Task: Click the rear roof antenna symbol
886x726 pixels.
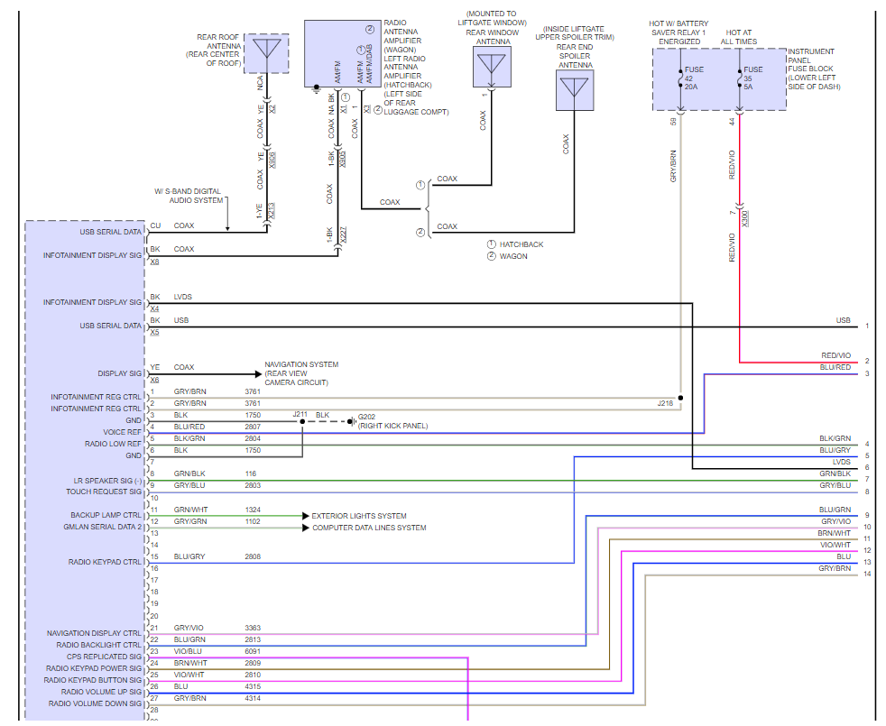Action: click(266, 53)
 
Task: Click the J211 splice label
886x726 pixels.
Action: click(300, 414)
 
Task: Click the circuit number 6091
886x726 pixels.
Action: click(254, 651)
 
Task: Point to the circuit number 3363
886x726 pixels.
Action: click(254, 628)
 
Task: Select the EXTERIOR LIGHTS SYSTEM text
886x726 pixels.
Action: click(359, 516)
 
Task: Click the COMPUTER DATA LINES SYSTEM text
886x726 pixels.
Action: click(369, 528)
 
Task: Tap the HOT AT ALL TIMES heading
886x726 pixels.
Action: click(740, 36)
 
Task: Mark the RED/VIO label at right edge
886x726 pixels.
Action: click(835, 355)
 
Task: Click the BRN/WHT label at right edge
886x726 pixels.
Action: click(835, 533)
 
